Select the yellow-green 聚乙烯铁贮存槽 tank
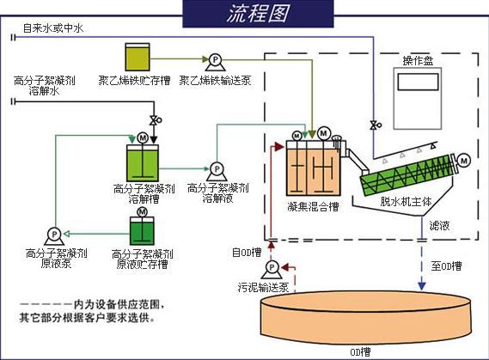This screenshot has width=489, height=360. tap(138, 58)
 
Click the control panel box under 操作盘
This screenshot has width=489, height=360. tap(418, 95)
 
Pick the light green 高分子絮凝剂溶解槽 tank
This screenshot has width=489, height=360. tap(142, 161)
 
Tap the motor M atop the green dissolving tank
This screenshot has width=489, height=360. tap(143, 137)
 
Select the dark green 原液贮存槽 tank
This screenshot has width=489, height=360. tap(142, 229)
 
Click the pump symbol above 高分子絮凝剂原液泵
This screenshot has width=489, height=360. tap(53, 233)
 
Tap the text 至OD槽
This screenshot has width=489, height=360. tap(445, 266)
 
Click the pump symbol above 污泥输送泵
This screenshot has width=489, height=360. tap(272, 269)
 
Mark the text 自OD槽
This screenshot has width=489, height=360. tap(247, 252)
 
